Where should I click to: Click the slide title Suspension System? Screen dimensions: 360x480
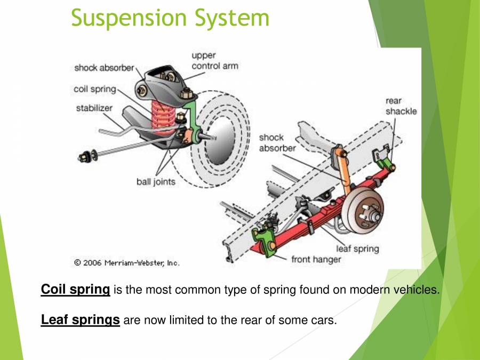pyautogui.click(x=170, y=18)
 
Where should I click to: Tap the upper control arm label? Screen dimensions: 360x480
pyautogui.click(x=214, y=61)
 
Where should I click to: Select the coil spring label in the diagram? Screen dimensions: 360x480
pyautogui.click(x=94, y=89)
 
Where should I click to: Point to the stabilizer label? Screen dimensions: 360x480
pyautogui.click(x=94, y=108)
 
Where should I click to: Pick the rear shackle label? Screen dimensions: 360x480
pyautogui.click(x=401, y=106)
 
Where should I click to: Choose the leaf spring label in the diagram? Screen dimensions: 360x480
pyautogui.click(x=357, y=249)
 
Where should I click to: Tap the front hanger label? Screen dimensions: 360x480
pyautogui.click(x=316, y=260)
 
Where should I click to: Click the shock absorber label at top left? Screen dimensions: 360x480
pyautogui.click(x=105, y=68)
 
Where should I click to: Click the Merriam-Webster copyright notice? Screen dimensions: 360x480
pyautogui.click(x=127, y=262)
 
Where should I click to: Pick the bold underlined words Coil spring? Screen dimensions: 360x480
pyautogui.click(x=75, y=290)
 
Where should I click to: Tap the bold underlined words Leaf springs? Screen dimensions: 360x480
pyautogui.click(x=80, y=320)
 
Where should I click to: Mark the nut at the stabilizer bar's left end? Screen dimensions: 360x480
pyautogui.click(x=84, y=157)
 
